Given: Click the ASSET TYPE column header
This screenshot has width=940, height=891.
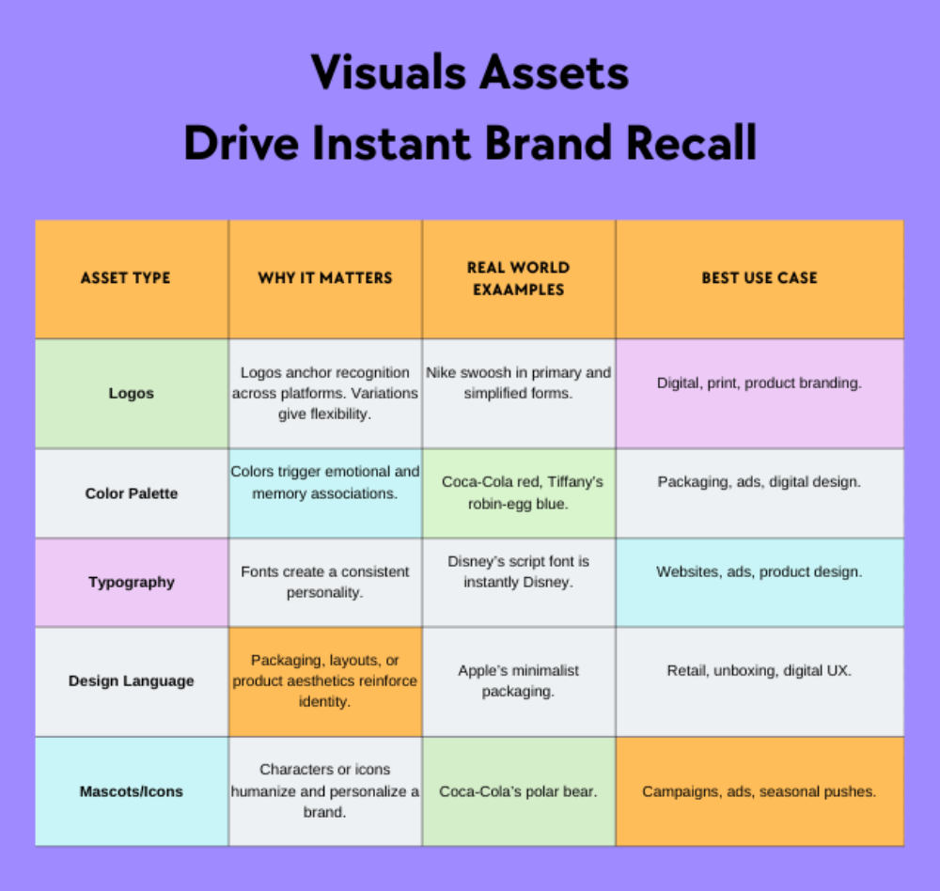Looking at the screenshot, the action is (125, 278).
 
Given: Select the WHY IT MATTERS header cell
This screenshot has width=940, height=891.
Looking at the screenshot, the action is (325, 278).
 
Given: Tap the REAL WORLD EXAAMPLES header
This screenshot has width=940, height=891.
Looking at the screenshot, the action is (518, 278).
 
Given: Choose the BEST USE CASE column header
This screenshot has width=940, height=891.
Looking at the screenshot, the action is (760, 278).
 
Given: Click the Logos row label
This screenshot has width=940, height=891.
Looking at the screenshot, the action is (131, 394).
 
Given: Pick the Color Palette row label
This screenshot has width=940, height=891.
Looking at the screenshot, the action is (131, 493).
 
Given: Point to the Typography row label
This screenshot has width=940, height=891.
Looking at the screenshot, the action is (132, 582).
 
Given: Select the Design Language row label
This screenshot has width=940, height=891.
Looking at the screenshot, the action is (132, 681).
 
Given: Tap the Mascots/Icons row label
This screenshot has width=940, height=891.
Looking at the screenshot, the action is (132, 791).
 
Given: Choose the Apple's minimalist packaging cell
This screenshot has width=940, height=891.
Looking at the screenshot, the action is (519, 680).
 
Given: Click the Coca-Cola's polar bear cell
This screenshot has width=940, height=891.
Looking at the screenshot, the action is (518, 791).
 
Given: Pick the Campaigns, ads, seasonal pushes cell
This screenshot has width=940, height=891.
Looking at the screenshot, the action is (760, 791).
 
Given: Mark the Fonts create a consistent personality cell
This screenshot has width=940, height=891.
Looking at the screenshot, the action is (325, 582).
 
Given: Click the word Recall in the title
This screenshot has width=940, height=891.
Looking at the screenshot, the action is (692, 144).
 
